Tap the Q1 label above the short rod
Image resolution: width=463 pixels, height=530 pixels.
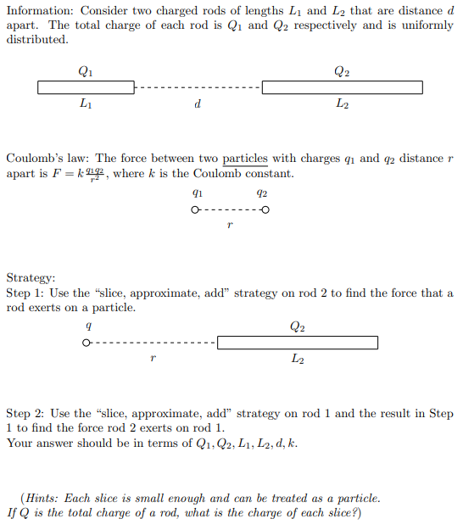click(x=85, y=71)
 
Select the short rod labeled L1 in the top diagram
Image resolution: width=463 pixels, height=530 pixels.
click(x=86, y=87)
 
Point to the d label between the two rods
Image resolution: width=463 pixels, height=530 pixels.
click(x=197, y=104)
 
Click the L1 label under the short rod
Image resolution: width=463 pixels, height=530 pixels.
click(x=85, y=104)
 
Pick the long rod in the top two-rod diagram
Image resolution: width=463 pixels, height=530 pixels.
click(x=342, y=87)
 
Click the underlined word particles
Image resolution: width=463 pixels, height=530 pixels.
click(x=244, y=159)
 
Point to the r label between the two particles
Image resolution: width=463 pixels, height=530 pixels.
click(x=230, y=226)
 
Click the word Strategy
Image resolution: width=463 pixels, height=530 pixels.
click(x=31, y=277)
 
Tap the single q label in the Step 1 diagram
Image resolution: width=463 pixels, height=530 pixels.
click(x=89, y=326)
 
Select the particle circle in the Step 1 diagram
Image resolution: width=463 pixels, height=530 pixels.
click(x=86, y=343)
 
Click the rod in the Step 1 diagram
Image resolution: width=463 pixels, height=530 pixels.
click(x=297, y=343)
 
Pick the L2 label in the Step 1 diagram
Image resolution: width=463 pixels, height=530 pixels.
click(x=297, y=360)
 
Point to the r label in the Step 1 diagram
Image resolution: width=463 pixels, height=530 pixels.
click(x=151, y=360)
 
